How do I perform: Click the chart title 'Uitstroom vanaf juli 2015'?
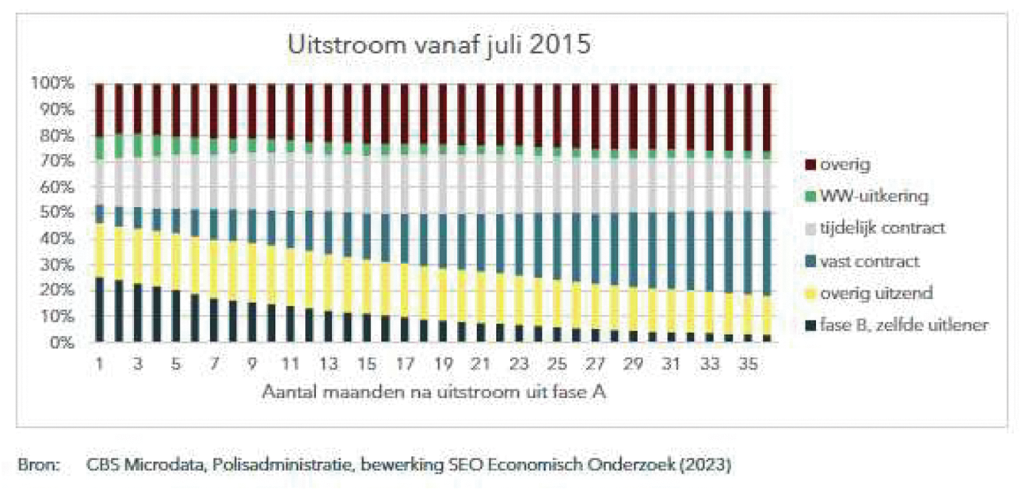pyautogui.click(x=439, y=44)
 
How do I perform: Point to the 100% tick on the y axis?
pyautogui.click(x=55, y=83)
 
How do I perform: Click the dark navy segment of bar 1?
pyautogui.click(x=99, y=309)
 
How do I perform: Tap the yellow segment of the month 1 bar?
pyautogui.click(x=99, y=251)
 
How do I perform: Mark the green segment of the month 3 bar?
pyautogui.click(x=138, y=145)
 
